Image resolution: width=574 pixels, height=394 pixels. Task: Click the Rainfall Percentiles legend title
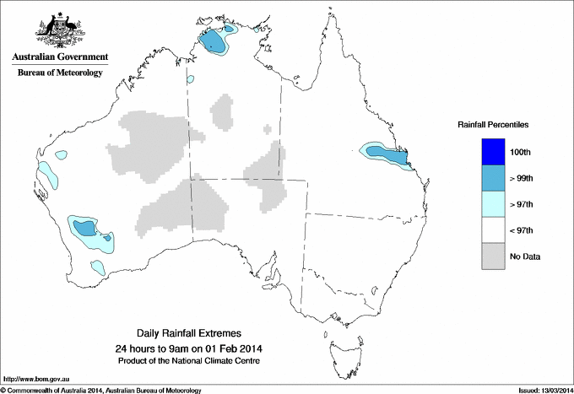493,124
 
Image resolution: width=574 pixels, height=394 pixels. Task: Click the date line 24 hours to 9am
188,348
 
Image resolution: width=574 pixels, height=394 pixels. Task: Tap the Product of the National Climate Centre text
188,361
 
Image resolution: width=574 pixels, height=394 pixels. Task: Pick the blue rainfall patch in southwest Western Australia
84,228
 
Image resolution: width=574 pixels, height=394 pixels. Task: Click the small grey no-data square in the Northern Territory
268,129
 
